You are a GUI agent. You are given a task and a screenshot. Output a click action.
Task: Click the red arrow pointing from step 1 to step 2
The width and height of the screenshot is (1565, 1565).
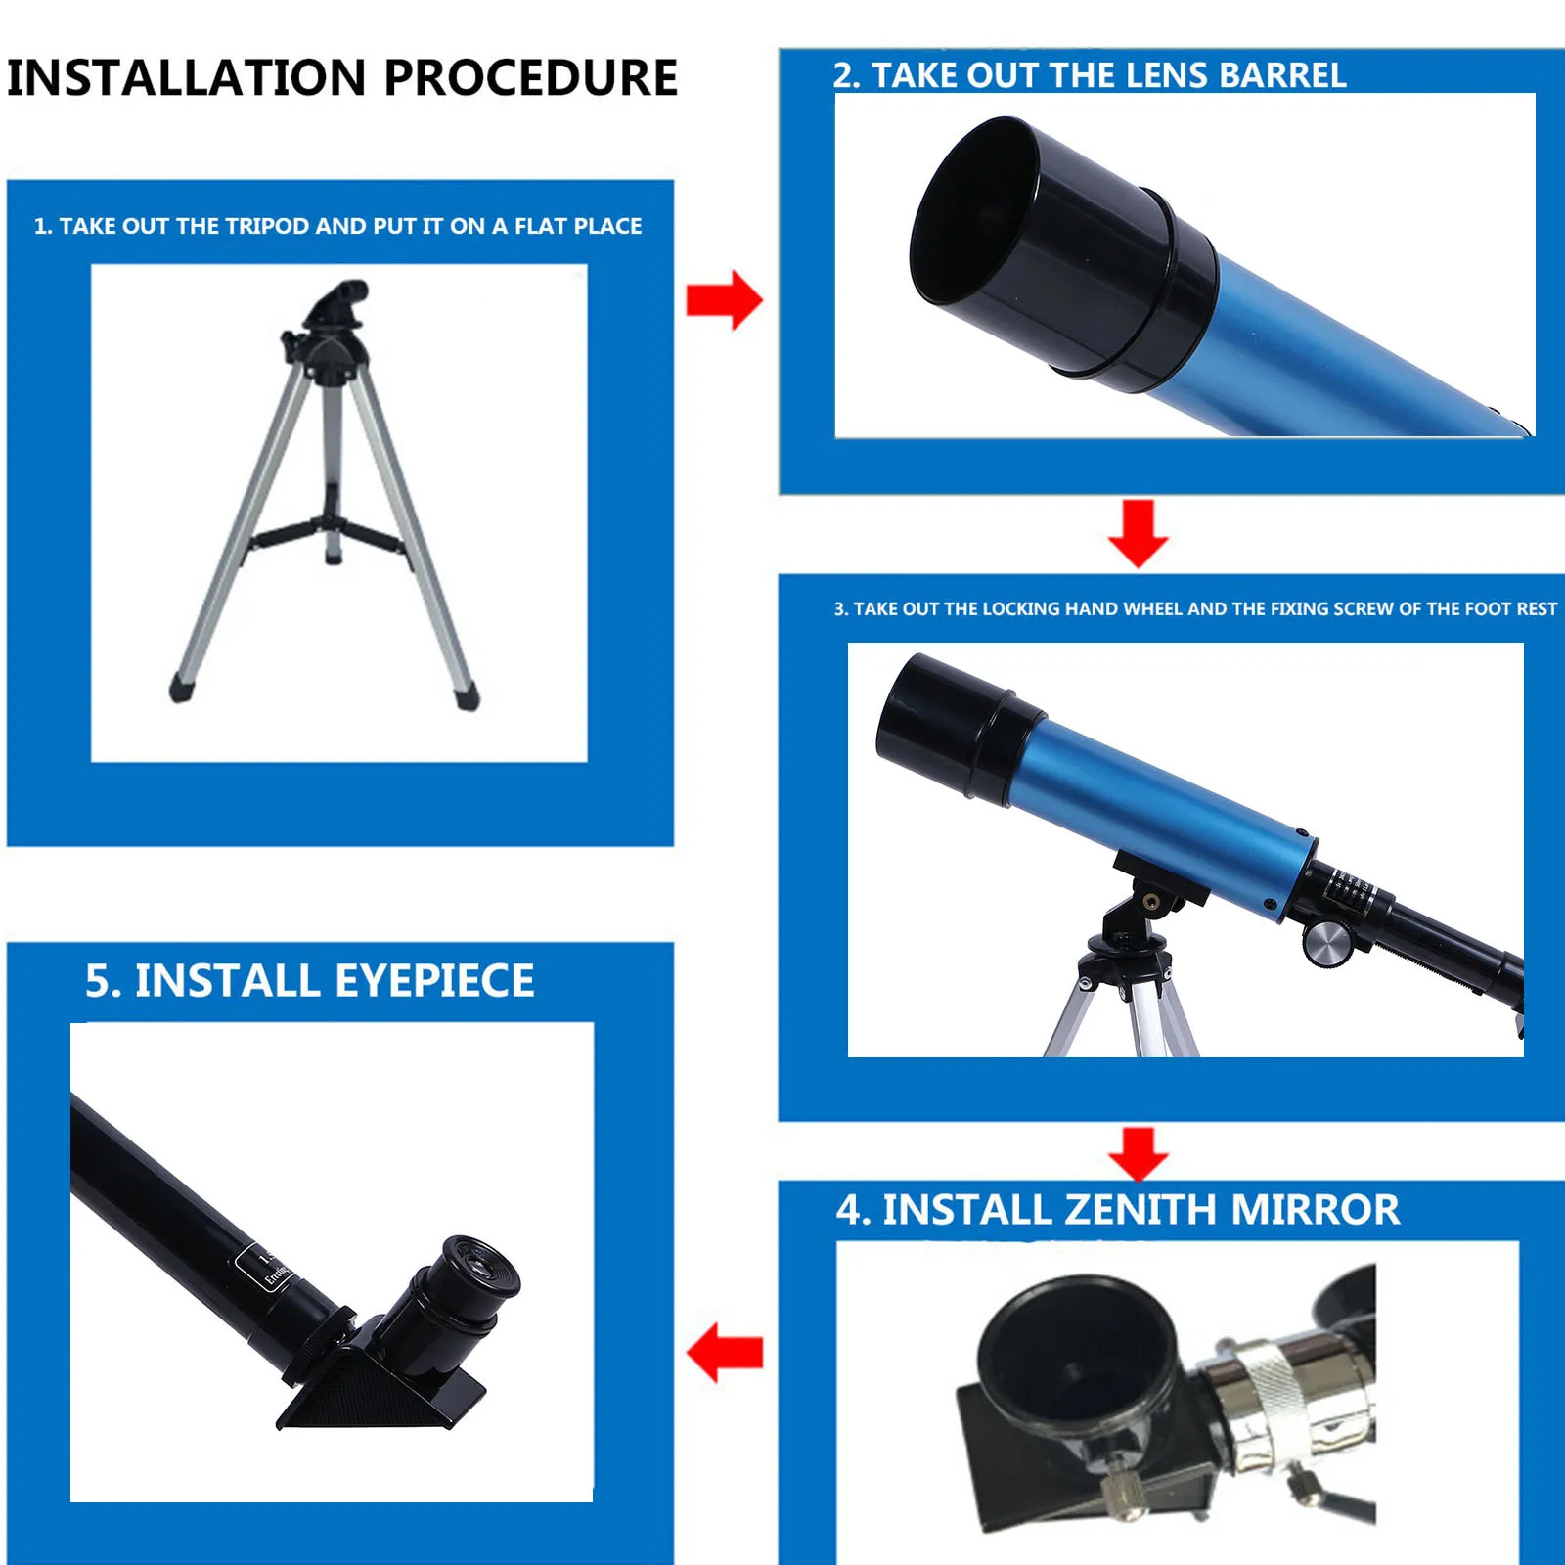(724, 300)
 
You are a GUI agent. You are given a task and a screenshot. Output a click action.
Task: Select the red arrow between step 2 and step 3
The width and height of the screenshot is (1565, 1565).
(1138, 533)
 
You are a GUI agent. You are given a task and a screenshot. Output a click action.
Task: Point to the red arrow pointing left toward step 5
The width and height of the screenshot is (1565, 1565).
(725, 1353)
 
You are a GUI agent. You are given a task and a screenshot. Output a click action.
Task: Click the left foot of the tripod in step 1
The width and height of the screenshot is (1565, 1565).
(182, 688)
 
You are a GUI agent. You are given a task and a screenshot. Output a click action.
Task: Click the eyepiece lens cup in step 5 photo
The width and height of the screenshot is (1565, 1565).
(479, 1268)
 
